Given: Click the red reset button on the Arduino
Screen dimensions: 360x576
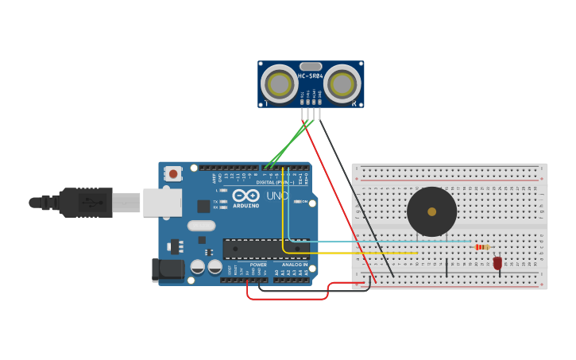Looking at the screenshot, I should pyautogui.click(x=172, y=173).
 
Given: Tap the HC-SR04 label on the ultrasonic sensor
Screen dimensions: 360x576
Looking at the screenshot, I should pyautogui.click(x=311, y=75).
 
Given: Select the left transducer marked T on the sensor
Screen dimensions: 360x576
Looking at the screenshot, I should pyautogui.click(x=280, y=84).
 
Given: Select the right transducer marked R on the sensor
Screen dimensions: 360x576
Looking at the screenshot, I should pyautogui.click(x=342, y=84).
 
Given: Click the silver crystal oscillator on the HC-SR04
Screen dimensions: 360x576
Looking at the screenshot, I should pyautogui.click(x=311, y=67).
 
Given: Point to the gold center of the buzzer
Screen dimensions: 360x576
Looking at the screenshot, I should pyautogui.click(x=431, y=211).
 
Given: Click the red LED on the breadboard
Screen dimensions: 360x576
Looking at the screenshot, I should pyautogui.click(x=497, y=262).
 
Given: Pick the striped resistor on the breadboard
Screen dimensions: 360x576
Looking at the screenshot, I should pyautogui.click(x=481, y=247).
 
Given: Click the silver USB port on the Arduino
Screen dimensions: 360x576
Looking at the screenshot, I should pyautogui.click(x=162, y=203).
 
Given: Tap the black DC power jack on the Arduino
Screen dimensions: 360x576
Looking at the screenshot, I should pyautogui.click(x=168, y=270).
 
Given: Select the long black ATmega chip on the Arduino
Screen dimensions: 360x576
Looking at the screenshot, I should pyautogui.click(x=265, y=249).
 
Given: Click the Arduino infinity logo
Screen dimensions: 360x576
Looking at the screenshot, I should pyautogui.click(x=247, y=195).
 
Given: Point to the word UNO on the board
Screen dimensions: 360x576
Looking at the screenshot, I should pyautogui.click(x=277, y=195).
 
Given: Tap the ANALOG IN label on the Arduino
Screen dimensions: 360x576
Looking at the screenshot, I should pyautogui.click(x=295, y=265).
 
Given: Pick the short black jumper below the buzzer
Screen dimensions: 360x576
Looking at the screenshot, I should pyautogui.click(x=446, y=267).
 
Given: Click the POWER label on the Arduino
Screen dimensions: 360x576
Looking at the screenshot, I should pyautogui.click(x=258, y=265).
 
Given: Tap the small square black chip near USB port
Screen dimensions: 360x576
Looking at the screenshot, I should pyautogui.click(x=203, y=206).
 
